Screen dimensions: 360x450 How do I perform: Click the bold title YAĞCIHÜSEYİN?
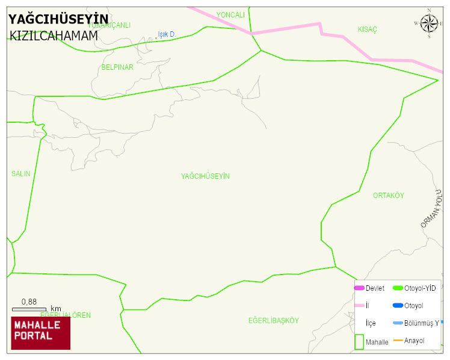(x=58, y=19)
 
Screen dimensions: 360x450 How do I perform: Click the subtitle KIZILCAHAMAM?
(x=54, y=36)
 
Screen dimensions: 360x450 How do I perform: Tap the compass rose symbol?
(x=429, y=23)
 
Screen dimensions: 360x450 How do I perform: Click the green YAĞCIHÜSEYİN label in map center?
(x=205, y=176)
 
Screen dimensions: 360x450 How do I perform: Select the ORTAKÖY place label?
(x=389, y=196)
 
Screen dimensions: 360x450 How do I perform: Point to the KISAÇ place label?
(x=367, y=29)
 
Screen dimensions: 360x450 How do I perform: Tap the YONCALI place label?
(x=230, y=14)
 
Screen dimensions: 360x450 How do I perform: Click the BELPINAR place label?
(x=117, y=67)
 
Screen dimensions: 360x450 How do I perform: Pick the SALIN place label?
(x=20, y=174)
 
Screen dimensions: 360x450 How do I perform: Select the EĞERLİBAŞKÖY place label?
(x=273, y=320)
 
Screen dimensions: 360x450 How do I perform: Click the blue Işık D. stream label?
(x=166, y=34)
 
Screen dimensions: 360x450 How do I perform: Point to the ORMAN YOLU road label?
(x=431, y=208)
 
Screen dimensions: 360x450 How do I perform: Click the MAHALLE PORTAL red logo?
(x=41, y=333)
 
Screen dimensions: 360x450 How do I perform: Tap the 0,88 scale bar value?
(x=29, y=302)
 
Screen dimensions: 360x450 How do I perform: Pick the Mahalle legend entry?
(x=377, y=342)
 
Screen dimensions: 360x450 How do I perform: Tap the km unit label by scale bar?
(x=56, y=309)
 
